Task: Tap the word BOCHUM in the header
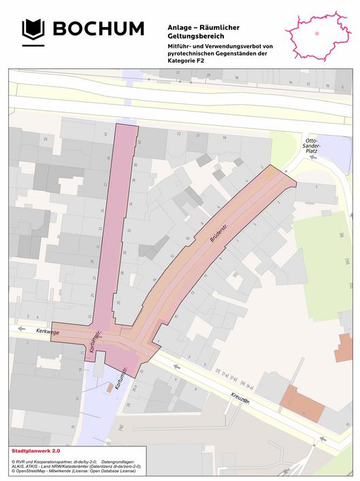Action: tap(99, 29)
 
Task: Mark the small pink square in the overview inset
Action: tap(316, 32)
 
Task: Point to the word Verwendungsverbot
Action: tap(226, 45)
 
